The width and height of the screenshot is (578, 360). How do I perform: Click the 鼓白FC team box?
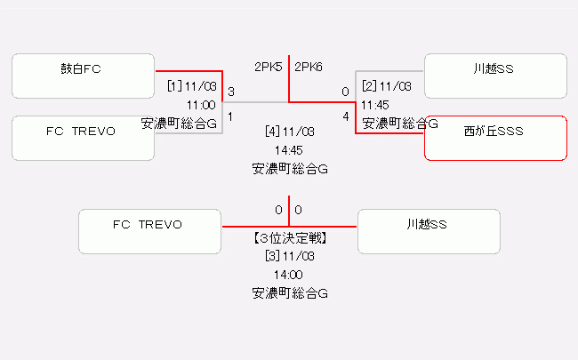tap(84, 76)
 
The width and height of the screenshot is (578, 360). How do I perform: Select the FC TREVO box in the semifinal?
tap(84, 138)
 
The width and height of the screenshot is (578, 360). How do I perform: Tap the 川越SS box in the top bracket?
tap(495, 76)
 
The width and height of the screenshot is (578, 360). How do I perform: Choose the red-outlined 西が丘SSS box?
tap(495, 138)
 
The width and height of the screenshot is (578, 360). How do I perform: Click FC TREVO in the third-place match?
tap(149, 231)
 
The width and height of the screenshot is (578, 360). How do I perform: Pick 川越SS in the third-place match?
tap(429, 231)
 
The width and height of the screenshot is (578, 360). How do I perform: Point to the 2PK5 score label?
tap(269, 67)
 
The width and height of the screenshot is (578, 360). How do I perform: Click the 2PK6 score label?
tap(309, 67)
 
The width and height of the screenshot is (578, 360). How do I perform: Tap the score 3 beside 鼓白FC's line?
tap(231, 92)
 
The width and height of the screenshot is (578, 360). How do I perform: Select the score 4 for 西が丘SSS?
tap(345, 116)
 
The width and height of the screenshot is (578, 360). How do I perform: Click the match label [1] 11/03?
tap(192, 86)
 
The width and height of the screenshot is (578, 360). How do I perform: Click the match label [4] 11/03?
tap(290, 132)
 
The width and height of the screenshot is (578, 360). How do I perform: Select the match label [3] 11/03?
tap(290, 256)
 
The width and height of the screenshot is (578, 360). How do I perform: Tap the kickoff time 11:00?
tap(201, 105)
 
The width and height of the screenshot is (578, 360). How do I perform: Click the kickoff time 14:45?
tap(290, 150)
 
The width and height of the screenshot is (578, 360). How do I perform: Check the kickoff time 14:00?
tap(290, 275)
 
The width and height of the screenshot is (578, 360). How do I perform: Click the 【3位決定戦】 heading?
tap(290, 238)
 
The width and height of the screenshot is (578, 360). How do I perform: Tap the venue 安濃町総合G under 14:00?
tap(290, 292)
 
